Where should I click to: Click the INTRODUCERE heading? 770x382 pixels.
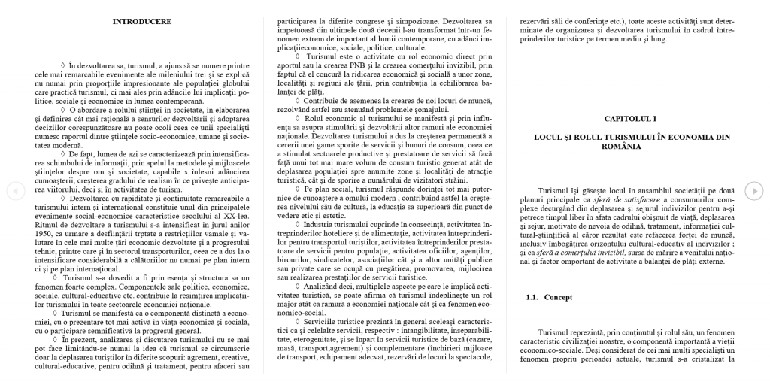tap(141, 22)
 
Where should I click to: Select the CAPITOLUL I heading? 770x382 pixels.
tap(630, 119)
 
